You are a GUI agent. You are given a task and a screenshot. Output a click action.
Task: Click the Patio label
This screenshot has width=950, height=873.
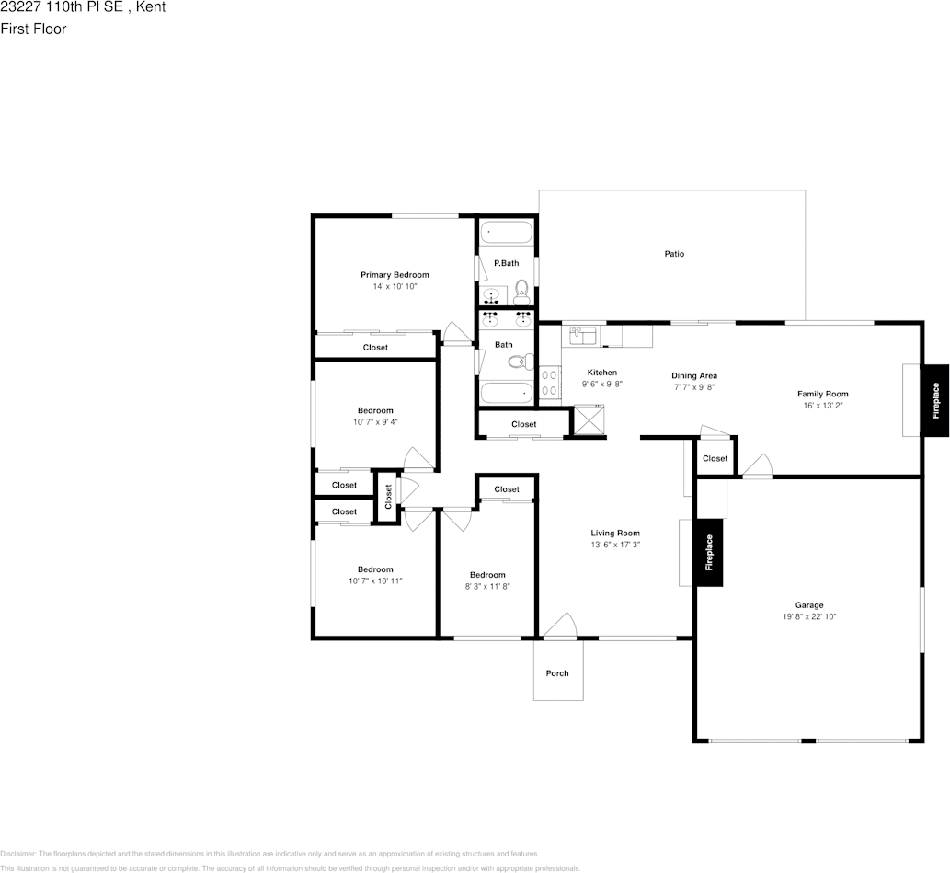pyautogui.click(x=674, y=254)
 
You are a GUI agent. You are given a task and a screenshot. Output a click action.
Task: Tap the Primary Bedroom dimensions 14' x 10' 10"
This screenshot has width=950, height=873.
pyautogui.click(x=395, y=287)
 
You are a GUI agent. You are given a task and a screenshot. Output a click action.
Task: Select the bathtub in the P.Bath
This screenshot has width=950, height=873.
pyautogui.click(x=506, y=233)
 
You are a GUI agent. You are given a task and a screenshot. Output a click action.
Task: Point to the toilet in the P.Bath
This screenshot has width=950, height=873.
pyautogui.click(x=521, y=293)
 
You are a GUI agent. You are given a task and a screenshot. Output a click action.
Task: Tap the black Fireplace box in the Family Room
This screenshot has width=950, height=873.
pyautogui.click(x=935, y=400)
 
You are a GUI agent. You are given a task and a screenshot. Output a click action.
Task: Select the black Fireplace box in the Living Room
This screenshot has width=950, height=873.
pyautogui.click(x=709, y=552)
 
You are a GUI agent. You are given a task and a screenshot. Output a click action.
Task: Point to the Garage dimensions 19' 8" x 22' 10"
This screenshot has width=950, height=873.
pyautogui.click(x=809, y=617)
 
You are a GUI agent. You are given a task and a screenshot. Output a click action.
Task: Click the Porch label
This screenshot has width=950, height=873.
pyautogui.click(x=557, y=673)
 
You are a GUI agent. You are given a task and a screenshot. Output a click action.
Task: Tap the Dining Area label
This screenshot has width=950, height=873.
pyautogui.click(x=694, y=375)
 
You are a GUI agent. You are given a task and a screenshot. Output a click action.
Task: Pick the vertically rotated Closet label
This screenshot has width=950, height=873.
pyautogui.click(x=388, y=497)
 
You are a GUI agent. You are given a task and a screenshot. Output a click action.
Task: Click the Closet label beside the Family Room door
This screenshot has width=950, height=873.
pyautogui.click(x=715, y=458)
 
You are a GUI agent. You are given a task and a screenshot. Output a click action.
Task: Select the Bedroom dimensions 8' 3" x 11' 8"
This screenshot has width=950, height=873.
pyautogui.click(x=486, y=586)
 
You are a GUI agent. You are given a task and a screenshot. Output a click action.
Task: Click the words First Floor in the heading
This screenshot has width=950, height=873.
pyautogui.click(x=33, y=29)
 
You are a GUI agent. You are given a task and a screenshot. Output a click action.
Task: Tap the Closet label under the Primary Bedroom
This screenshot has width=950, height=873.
pyautogui.click(x=375, y=348)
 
